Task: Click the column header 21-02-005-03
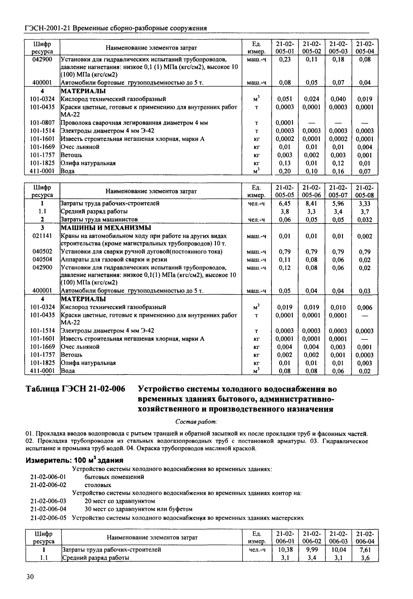click(x=338, y=47)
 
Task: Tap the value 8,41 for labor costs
click(x=311, y=203)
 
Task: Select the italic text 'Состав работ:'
click(x=196, y=422)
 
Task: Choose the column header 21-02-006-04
click(x=365, y=537)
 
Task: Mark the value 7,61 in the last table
click(x=365, y=549)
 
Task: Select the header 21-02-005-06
click(x=311, y=191)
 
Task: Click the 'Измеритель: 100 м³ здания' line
click(x=74, y=460)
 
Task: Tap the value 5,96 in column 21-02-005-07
click(x=338, y=203)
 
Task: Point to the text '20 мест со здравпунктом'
click(x=120, y=501)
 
